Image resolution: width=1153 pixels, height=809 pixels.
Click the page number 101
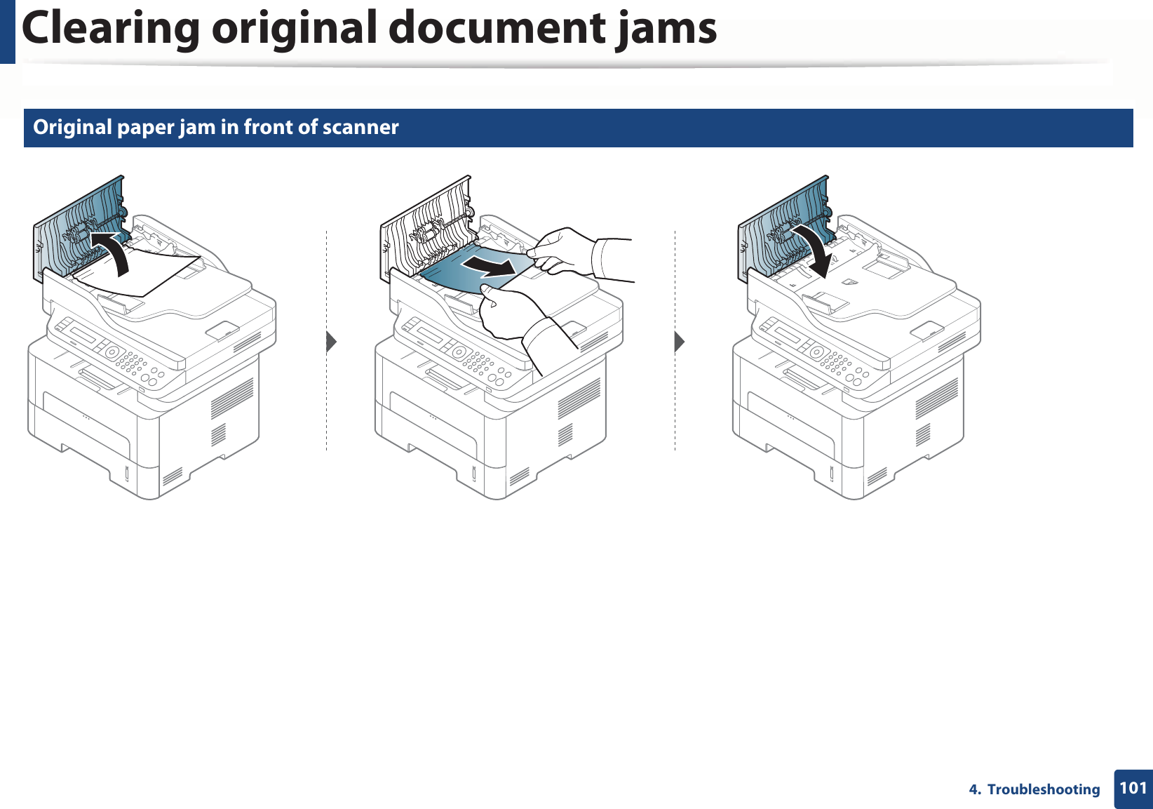pos(1133,788)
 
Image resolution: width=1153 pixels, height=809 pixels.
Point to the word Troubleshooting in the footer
pos(1043,789)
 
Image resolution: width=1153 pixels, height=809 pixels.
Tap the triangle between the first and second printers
pos(332,342)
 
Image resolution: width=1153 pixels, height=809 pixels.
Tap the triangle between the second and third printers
pos(679,342)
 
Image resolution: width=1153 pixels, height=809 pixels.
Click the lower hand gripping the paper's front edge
pos(512,309)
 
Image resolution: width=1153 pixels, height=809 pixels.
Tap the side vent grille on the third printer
pos(937,399)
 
